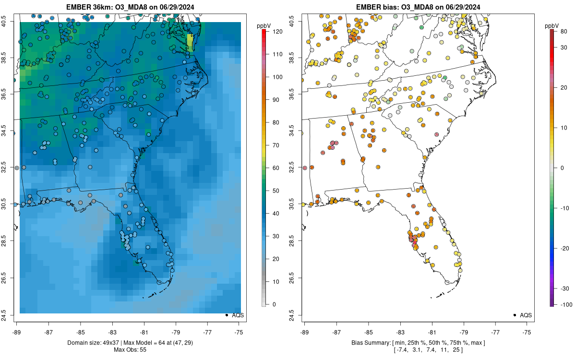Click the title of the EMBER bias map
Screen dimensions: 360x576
[x=418, y=7]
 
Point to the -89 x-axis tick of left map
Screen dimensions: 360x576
[x=16, y=332]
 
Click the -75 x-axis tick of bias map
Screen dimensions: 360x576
[x=527, y=332]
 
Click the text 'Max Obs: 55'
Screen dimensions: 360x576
[x=129, y=349]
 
